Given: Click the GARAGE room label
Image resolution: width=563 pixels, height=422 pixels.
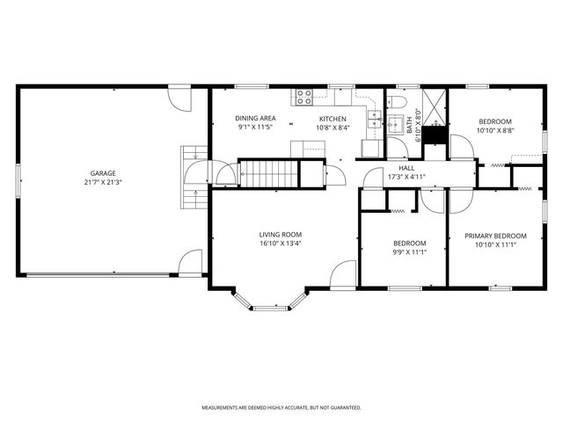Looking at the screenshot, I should [103, 173].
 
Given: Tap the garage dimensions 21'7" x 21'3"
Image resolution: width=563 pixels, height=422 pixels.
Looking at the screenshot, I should [103, 183].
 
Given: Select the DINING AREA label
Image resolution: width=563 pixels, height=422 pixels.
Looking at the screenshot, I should [256, 119].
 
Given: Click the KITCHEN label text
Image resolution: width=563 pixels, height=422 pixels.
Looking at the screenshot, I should [333, 119].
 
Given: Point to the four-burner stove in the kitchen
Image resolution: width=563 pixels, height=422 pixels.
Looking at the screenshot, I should [305, 97].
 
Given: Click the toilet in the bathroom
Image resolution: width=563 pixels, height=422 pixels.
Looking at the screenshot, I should [397, 105].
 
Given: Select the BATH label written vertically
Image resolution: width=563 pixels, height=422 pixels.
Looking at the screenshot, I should [410, 127].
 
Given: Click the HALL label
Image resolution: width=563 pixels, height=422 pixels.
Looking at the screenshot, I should [406, 168].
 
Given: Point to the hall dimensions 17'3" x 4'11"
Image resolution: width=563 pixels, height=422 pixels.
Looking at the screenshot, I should [406, 177].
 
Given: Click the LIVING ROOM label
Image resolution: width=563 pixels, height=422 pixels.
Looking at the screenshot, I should [281, 235].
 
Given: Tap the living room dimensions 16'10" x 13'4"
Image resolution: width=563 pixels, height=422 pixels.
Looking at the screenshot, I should [281, 244].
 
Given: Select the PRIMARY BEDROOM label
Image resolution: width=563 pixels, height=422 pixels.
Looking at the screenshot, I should [496, 236].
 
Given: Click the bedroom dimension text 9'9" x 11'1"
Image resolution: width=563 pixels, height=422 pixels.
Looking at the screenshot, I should [409, 252].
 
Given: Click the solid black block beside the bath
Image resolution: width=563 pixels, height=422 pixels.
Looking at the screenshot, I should [435, 135].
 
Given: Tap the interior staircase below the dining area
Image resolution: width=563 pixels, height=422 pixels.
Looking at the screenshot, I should [270, 173].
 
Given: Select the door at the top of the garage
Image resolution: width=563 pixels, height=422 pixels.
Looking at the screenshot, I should [179, 96].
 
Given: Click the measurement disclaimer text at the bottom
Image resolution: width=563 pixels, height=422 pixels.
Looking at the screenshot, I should [281, 408].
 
